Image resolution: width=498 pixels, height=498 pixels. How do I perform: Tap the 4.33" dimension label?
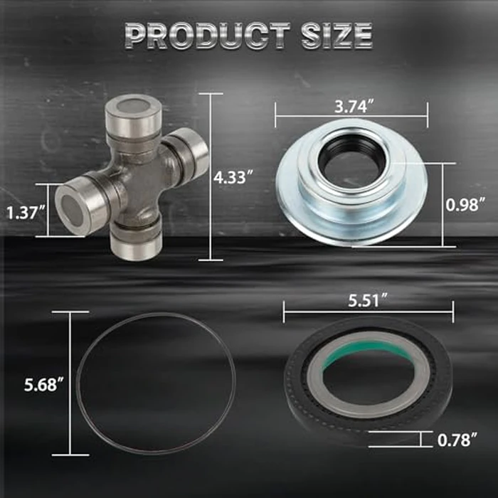(x=234, y=178)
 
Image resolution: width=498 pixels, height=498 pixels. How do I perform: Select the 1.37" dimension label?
(x=24, y=211)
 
